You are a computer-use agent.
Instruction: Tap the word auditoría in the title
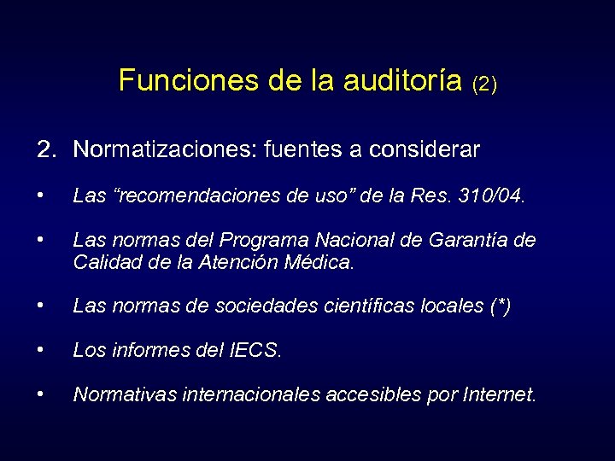(404, 80)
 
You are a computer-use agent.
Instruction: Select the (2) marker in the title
(483, 84)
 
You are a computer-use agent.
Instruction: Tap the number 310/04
(491, 197)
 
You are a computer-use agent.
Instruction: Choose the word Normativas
(121, 394)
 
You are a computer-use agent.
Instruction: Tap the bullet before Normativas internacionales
(41, 394)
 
